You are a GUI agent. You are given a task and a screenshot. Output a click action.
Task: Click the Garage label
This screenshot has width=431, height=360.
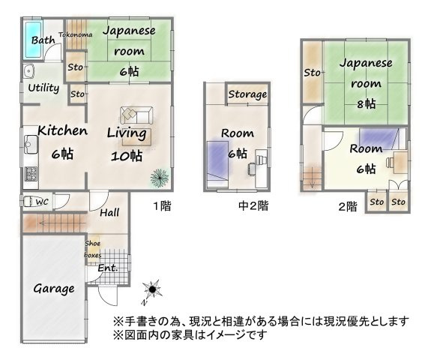[53, 288]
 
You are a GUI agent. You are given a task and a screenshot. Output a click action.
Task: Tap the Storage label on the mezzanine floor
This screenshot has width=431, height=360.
[247, 94]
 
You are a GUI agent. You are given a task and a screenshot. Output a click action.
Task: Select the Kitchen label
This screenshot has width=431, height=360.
[62, 131]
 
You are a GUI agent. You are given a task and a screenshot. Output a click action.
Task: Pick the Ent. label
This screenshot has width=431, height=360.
[106, 268]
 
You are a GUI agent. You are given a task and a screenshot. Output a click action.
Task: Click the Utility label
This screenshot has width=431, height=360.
[43, 88]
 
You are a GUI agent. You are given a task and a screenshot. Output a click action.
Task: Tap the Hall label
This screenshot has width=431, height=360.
[109, 213]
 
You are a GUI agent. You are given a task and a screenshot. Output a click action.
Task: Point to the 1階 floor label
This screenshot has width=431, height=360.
[162, 204]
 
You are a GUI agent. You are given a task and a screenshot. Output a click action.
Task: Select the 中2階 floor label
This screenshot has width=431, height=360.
[253, 205]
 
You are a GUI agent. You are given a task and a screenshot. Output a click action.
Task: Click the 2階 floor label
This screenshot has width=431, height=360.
[346, 207]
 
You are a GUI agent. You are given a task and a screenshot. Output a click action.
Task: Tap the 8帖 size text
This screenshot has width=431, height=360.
[367, 103]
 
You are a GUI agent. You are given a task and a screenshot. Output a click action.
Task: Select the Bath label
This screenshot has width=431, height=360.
[42, 40]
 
